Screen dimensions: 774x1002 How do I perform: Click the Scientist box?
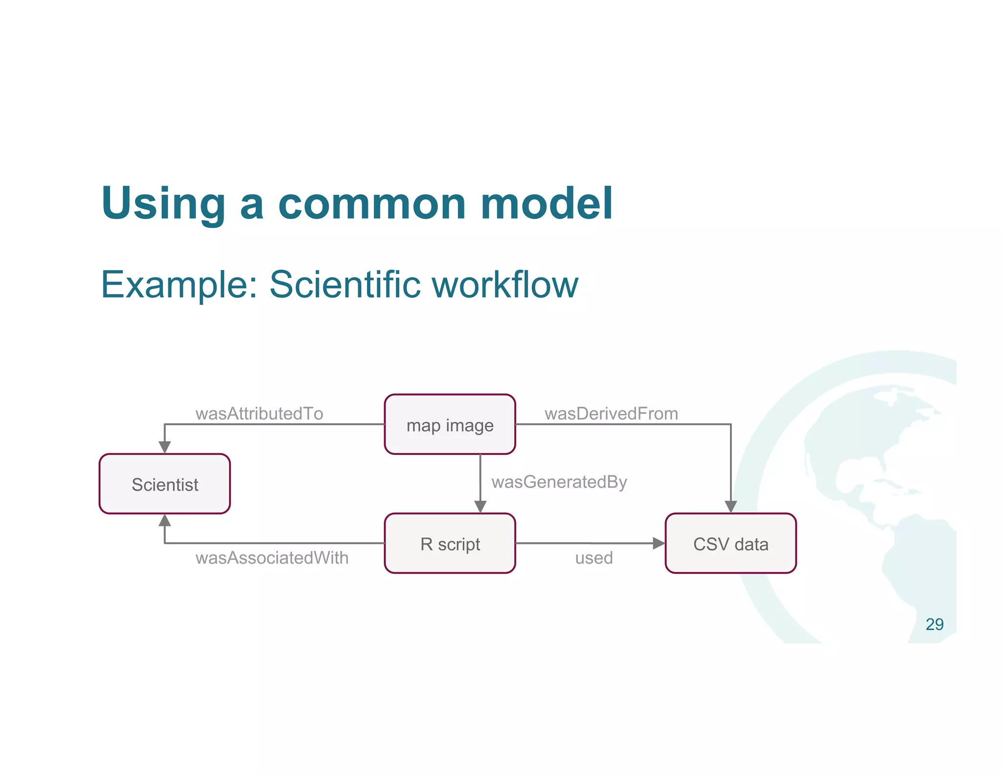pyautogui.click(x=165, y=484)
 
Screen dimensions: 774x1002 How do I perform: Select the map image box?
pyautogui.click(x=450, y=425)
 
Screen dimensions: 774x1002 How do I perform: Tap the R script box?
pyautogui.click(x=450, y=544)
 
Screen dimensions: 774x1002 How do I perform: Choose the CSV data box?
pyautogui.click(x=730, y=544)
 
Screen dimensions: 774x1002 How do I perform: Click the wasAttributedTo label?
pyautogui.click(x=259, y=413)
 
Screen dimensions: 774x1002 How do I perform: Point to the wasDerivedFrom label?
pyautogui.click(x=611, y=413)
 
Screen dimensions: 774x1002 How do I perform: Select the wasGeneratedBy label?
pyautogui.click(x=559, y=482)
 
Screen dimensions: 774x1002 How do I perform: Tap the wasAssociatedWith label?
pyautogui.click(x=272, y=558)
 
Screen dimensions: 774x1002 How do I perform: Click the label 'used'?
pyautogui.click(x=593, y=558)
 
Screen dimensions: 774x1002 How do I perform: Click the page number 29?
pyautogui.click(x=934, y=624)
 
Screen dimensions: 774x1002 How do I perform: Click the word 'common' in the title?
pyautogui.click(x=372, y=203)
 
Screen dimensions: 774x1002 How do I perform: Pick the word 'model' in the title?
pyautogui.click(x=547, y=203)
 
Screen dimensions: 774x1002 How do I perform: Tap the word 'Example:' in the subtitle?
pyautogui.click(x=179, y=285)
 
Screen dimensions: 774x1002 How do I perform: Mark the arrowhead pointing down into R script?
pyautogui.click(x=480, y=507)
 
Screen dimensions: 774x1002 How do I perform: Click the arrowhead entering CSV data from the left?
pyautogui.click(x=659, y=543)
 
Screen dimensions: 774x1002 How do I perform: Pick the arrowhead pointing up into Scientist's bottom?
pyautogui.click(x=165, y=521)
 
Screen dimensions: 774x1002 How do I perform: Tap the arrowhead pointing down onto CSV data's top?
pyautogui.click(x=730, y=507)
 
